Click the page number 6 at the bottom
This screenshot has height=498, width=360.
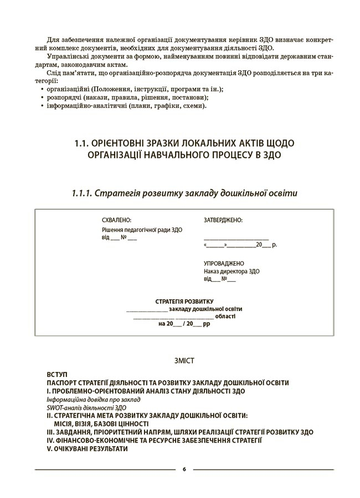[184, 469]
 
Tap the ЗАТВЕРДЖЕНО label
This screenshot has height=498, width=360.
[223, 220]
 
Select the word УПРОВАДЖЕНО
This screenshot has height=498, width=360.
[224, 263]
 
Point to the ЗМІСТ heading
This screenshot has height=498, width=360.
[184, 361]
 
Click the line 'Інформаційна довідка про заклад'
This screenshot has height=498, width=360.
[94, 399]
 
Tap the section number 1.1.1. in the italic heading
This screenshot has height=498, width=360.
[82, 193]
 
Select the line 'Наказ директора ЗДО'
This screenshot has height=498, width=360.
[232, 271]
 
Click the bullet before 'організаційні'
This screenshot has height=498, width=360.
[43, 89]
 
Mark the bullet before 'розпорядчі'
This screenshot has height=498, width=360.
[43, 97]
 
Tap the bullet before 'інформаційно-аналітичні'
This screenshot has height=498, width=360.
[43, 106]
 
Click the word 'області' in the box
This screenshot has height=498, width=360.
[225, 317]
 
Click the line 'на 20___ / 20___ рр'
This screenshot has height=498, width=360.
[184, 325]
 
